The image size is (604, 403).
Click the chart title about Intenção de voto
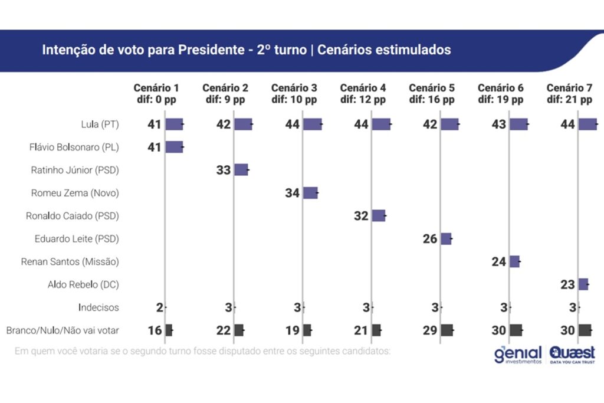click(x=246, y=50)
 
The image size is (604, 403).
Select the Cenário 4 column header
click(x=363, y=94)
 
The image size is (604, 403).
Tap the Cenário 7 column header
click(x=569, y=94)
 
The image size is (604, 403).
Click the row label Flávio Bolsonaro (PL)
click(x=74, y=147)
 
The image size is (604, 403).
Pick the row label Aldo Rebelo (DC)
click(x=83, y=285)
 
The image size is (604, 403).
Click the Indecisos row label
click(x=99, y=307)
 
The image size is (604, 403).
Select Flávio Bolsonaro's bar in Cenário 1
click(x=174, y=147)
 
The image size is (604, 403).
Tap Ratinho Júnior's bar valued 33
click(x=241, y=170)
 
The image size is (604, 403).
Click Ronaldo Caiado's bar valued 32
click(x=378, y=216)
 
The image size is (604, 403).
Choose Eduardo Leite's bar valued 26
click(x=446, y=239)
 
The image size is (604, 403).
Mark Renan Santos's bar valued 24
click(x=514, y=262)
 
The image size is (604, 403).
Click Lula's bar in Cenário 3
click(x=313, y=124)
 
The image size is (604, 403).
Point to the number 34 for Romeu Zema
click(x=293, y=193)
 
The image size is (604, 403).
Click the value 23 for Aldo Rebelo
click(x=568, y=285)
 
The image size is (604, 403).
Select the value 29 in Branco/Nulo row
click(x=430, y=330)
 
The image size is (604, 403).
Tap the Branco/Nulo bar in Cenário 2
click(x=238, y=330)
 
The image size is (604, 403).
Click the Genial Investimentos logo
click(x=518, y=355)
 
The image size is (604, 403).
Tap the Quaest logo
click(x=572, y=354)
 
